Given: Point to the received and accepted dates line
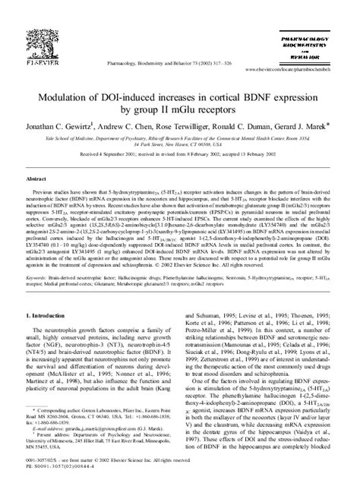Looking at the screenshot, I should click(179, 152).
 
